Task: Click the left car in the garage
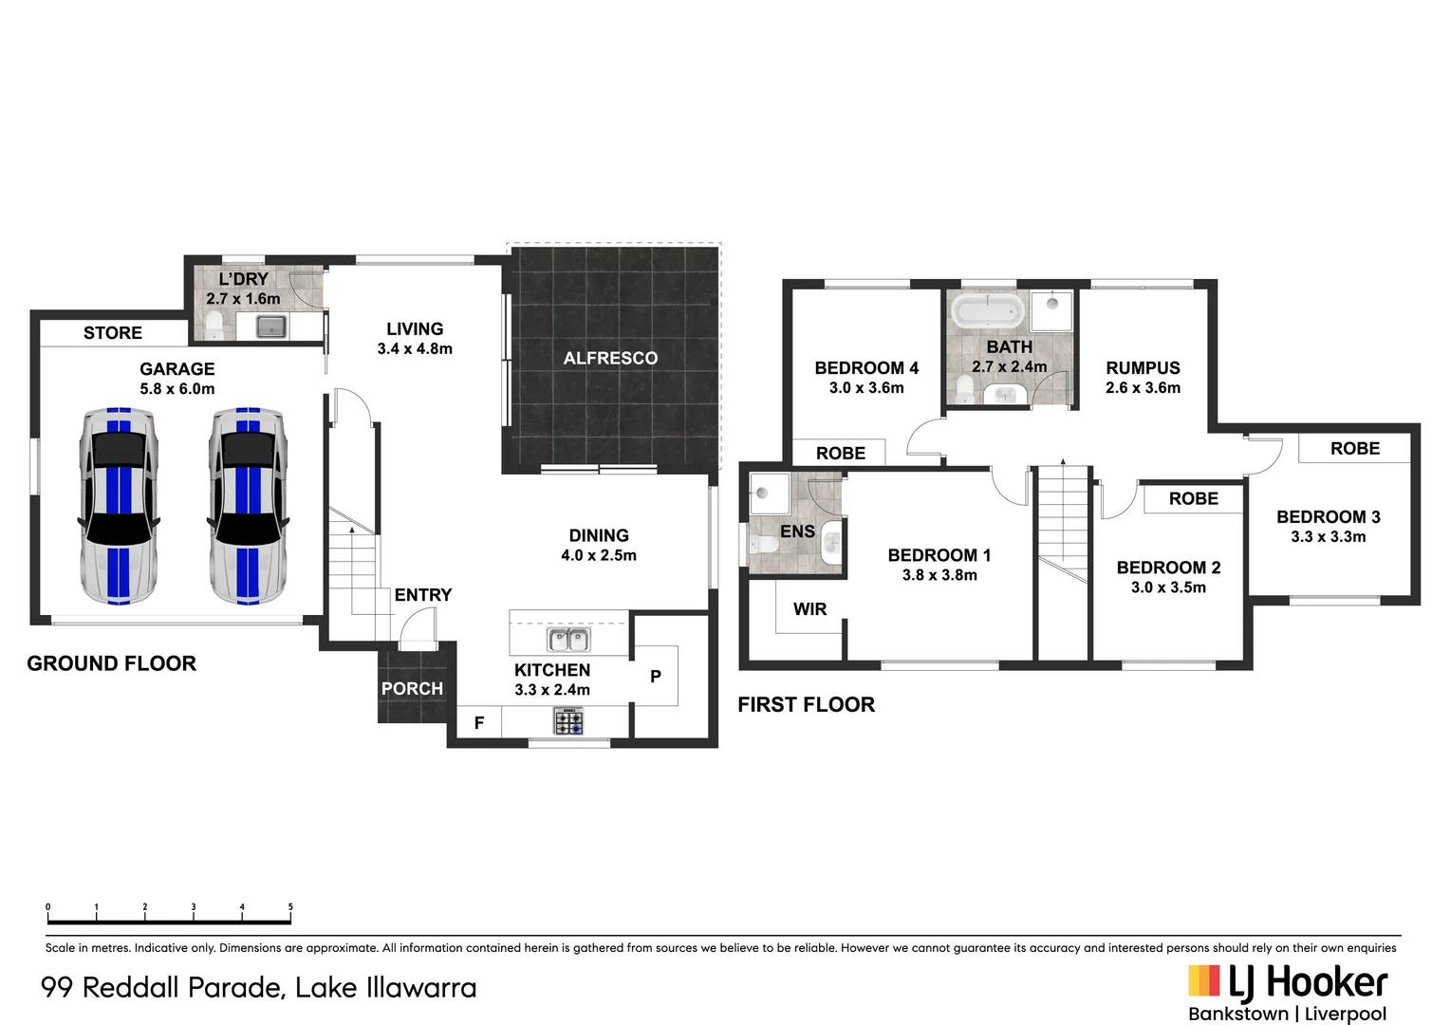[x=119, y=506]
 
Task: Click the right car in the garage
[x=247, y=506]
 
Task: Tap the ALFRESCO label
[x=610, y=358]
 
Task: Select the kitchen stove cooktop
[x=568, y=722]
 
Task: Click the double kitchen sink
[x=568, y=640]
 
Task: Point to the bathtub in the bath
[x=988, y=309]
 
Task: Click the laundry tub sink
[x=271, y=327]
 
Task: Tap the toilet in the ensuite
[x=762, y=545]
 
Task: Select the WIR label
[x=809, y=609]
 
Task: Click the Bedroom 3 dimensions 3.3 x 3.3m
[x=1328, y=537]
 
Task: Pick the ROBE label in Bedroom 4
[x=841, y=454]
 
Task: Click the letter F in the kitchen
[x=479, y=723]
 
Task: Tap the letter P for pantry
[x=656, y=677]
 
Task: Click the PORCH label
[x=412, y=689]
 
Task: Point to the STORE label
[x=113, y=333]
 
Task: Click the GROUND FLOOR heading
[x=111, y=663]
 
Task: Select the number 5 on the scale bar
[x=290, y=907]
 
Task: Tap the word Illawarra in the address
[x=421, y=988]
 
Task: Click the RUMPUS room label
[x=1143, y=368]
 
